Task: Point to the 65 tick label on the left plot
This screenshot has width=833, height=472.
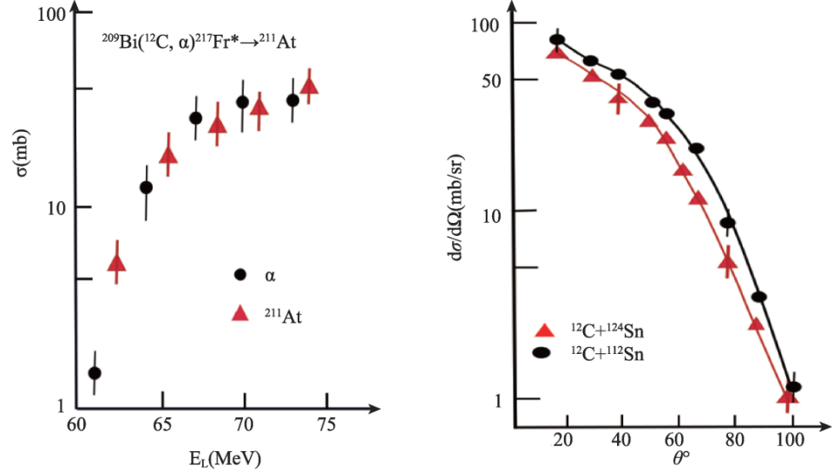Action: pos(161,425)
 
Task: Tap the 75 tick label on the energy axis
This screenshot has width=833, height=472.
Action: pos(326,425)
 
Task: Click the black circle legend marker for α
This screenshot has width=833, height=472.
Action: pos(240,274)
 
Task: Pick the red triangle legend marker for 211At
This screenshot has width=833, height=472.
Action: pos(240,313)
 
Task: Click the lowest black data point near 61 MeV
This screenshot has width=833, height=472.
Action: pos(95,373)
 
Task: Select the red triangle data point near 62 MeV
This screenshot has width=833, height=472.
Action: pos(116,263)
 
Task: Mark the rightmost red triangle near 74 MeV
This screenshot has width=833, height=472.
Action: pos(308,86)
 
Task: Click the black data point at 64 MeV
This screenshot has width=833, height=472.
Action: pos(146,187)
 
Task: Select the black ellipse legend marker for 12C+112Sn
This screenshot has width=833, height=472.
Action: pos(542,352)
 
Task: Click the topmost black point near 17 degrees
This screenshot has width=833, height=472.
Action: pos(557,40)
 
